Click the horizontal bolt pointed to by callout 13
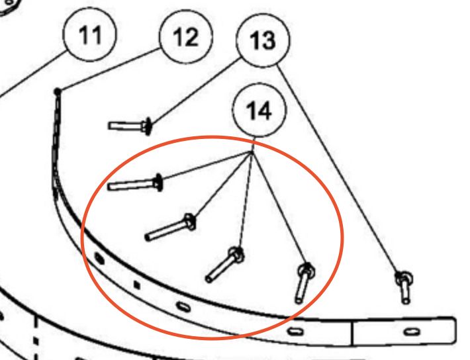129,124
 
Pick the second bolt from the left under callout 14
168,228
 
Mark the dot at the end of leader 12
58,91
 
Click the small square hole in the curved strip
136,285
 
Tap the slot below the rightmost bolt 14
296,329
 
